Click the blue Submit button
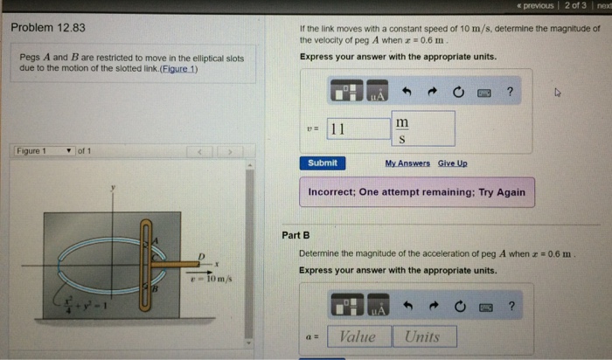point(323,163)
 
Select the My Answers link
point(407,163)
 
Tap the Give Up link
point(452,163)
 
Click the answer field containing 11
point(358,129)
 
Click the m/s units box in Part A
point(422,129)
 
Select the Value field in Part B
point(358,336)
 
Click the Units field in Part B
point(424,336)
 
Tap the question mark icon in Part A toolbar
point(510,91)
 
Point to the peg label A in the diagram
point(156,239)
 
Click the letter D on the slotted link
point(200,254)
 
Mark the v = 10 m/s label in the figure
point(210,278)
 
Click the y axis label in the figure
point(112,188)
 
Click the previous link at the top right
point(533,5)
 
